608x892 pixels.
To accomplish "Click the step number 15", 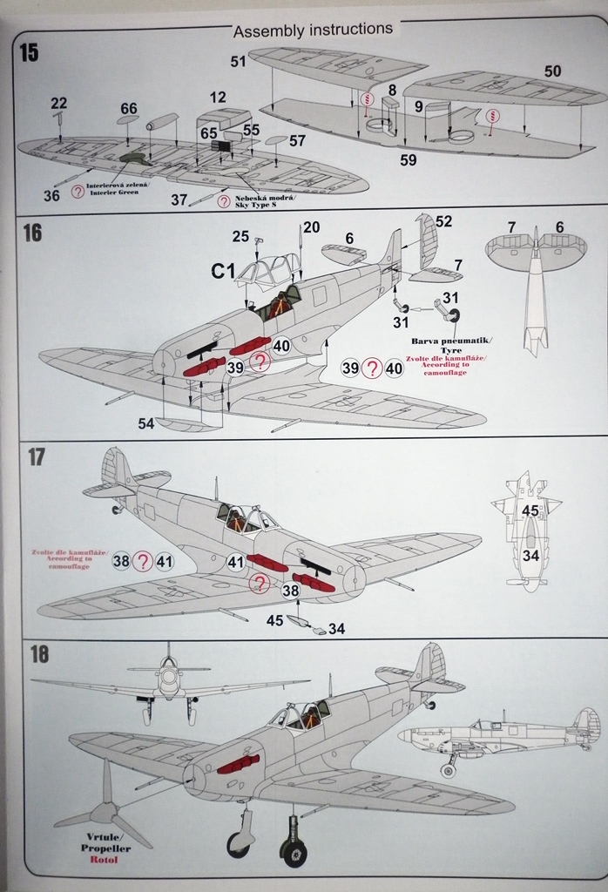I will coord(29,53).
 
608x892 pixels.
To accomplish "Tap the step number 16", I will coord(31,233).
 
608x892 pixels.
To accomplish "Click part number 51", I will coord(239,61).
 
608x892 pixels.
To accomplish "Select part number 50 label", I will coord(553,71).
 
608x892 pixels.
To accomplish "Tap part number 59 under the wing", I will coord(409,159).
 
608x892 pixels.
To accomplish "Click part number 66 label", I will coord(129,109).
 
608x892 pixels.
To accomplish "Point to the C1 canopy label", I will coord(223,272).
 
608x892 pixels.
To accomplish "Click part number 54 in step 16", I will coord(145,422).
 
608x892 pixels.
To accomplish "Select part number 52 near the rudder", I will coord(444,222).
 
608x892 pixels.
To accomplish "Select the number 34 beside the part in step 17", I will coord(336,628).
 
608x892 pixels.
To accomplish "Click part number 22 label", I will coord(58,103).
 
